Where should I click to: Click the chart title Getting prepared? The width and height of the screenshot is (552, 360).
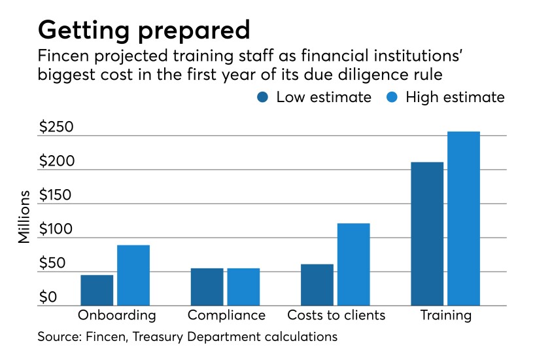click(144, 29)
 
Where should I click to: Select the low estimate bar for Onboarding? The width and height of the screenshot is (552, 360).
click(97, 290)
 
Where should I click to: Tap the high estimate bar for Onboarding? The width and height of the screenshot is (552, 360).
click(133, 275)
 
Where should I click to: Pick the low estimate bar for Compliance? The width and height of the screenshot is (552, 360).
click(207, 287)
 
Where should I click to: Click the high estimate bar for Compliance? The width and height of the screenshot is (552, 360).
click(243, 287)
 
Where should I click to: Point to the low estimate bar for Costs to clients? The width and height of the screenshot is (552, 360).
click(317, 285)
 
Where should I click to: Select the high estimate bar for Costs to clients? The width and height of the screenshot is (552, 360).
click(354, 264)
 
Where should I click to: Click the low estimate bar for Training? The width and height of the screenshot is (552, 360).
click(427, 234)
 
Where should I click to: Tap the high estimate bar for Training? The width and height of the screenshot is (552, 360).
click(464, 219)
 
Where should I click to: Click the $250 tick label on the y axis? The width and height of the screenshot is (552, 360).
click(56, 127)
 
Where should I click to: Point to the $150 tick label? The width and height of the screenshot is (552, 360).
click(56, 195)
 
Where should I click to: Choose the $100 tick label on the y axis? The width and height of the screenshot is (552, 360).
click(56, 229)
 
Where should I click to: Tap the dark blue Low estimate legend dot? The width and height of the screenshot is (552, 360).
click(264, 98)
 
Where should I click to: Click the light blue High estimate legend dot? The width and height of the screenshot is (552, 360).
click(393, 98)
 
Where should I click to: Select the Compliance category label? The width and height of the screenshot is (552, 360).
click(226, 315)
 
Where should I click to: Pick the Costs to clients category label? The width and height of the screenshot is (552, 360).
click(336, 315)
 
